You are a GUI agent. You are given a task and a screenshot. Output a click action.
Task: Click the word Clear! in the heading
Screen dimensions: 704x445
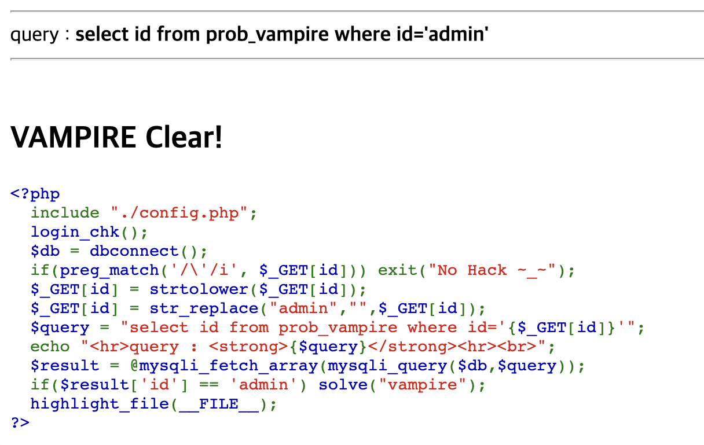184,138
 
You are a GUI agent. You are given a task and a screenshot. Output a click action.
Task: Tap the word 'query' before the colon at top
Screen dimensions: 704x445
34,35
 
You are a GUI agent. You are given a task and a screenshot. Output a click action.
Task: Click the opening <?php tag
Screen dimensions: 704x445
35,193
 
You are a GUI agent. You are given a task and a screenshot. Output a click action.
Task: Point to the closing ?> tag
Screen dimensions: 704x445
20,422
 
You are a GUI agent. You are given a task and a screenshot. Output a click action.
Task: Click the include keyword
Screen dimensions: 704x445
65,212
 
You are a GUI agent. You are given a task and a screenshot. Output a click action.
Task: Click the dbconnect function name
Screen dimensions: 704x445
138,251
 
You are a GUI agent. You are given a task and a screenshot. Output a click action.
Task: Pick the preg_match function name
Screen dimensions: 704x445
109,270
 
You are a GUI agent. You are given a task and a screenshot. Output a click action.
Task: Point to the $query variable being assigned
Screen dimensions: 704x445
60,327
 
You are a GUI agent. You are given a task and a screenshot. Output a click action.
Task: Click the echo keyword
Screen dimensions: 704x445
50,346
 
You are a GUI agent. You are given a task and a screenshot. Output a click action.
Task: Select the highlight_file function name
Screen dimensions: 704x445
99,403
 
